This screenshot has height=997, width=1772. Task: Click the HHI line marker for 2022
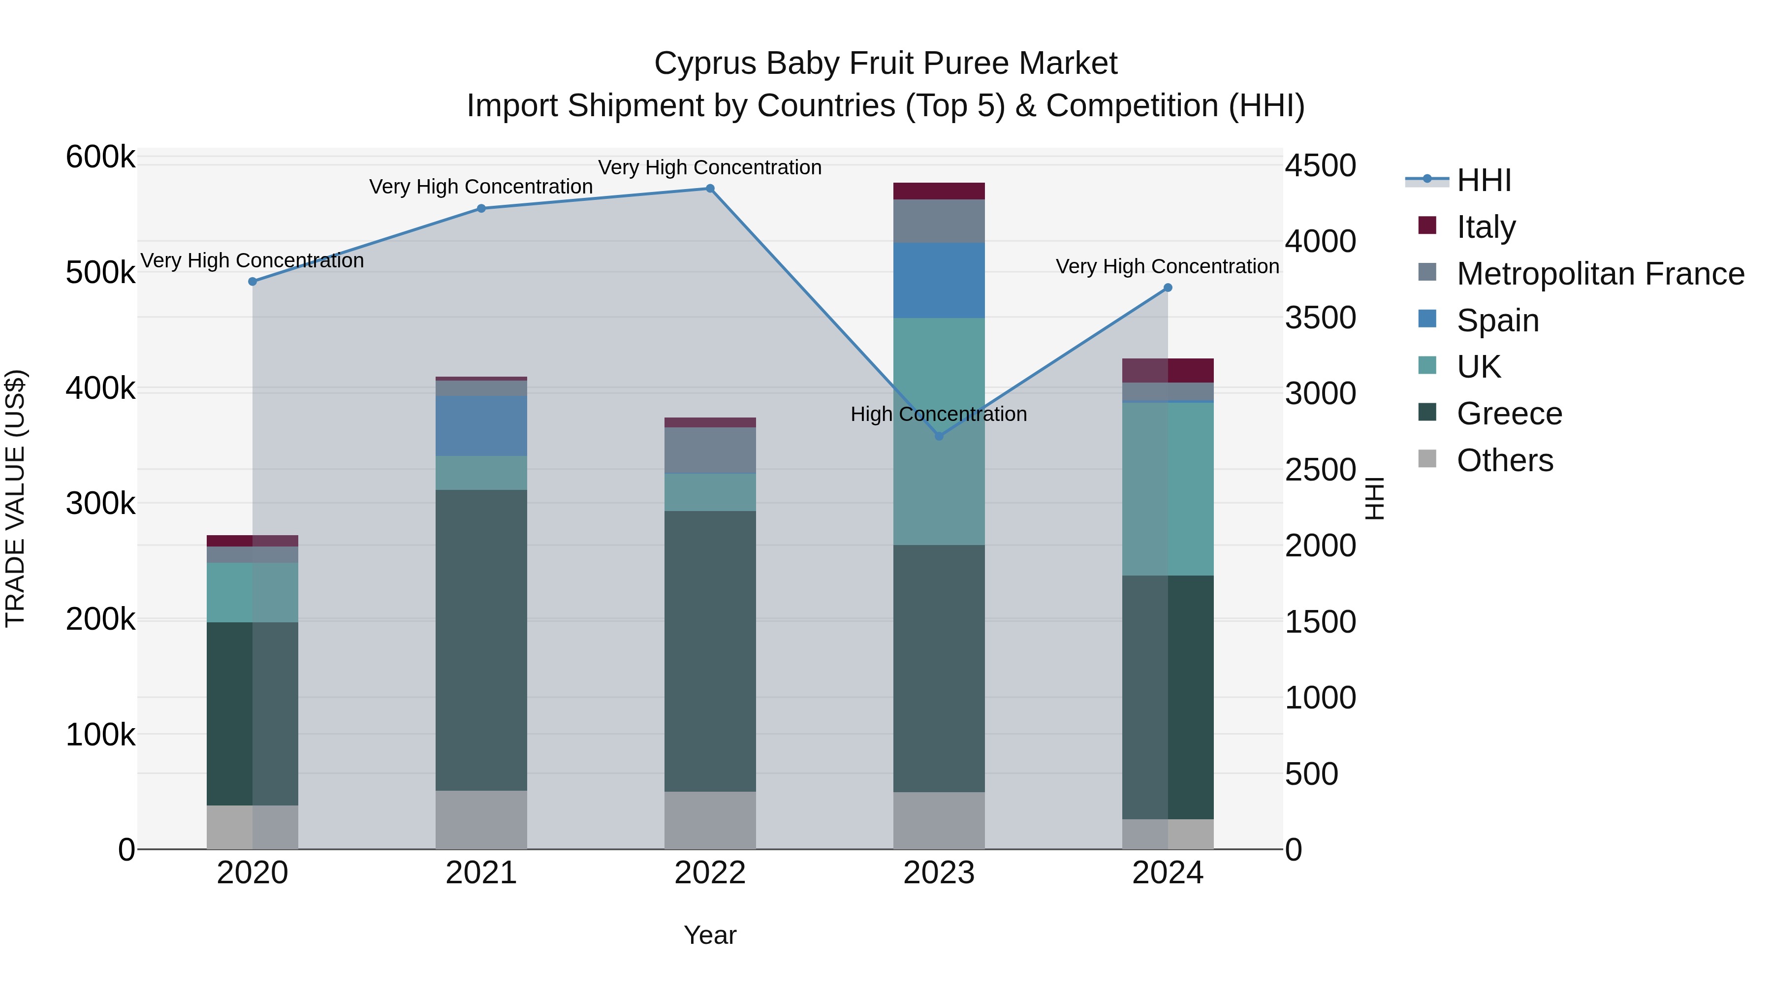[x=710, y=189]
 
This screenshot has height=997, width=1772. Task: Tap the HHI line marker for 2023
[x=939, y=436]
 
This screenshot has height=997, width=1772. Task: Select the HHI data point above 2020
[x=253, y=282]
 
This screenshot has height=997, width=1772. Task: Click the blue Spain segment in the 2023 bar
[x=939, y=280]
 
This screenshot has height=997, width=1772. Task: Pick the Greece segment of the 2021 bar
[x=481, y=640]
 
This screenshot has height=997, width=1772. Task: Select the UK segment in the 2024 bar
[x=1168, y=488]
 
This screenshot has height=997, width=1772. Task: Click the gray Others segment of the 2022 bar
[x=710, y=820]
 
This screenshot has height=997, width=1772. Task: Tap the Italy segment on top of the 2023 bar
[x=939, y=191]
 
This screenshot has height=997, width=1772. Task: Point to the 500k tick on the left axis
[x=100, y=272]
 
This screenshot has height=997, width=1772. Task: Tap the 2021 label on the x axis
[x=481, y=873]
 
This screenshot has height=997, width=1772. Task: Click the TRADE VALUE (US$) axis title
[x=15, y=498]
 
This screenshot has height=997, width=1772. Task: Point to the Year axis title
[x=710, y=935]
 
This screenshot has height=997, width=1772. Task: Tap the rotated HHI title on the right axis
[x=1374, y=498]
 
